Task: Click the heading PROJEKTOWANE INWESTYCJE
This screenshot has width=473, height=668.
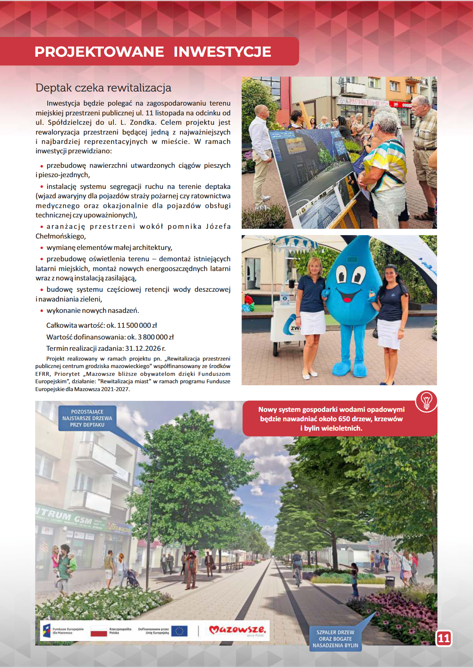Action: (x=153, y=52)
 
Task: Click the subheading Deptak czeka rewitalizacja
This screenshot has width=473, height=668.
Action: (x=103, y=88)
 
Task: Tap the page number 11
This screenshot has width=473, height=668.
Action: (x=444, y=638)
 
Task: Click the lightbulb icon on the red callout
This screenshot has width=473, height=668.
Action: (x=426, y=401)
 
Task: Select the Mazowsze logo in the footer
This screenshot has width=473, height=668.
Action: (x=237, y=630)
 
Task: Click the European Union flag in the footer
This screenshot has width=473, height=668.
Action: (x=179, y=631)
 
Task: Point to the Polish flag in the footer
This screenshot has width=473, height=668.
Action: (x=99, y=631)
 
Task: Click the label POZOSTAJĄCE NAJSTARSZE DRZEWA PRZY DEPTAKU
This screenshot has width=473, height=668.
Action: (x=87, y=418)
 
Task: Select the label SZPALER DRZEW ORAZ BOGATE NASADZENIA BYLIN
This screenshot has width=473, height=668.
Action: (x=335, y=639)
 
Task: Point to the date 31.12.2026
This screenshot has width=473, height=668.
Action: (x=143, y=348)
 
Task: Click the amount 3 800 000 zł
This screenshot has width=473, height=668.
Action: (x=156, y=337)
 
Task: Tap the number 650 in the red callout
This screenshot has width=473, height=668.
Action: (x=344, y=419)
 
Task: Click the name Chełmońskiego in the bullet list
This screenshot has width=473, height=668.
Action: (x=60, y=236)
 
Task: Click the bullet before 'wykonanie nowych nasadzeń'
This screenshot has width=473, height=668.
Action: (x=41, y=311)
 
